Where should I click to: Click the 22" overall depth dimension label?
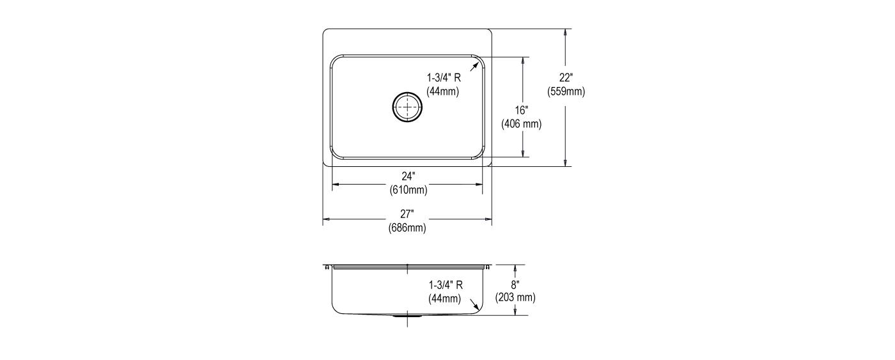565,77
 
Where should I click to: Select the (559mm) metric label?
566,91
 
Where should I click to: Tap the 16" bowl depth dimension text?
522,110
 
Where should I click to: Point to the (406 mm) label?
522,124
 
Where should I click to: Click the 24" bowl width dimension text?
409,176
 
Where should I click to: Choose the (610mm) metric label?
409,190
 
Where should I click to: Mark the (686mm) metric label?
407,228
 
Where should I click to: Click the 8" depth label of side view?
515,285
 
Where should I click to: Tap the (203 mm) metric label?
515,298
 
